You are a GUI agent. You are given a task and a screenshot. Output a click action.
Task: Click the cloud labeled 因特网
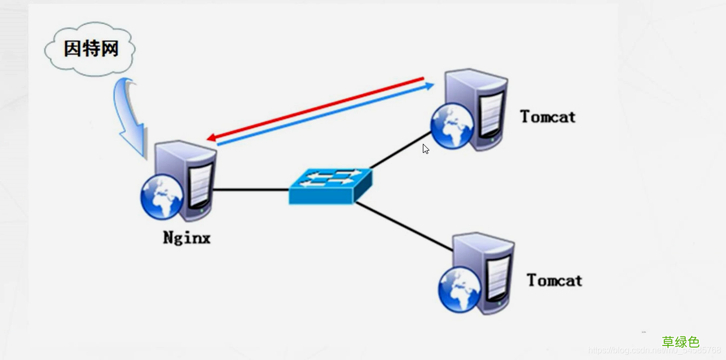click(x=90, y=49)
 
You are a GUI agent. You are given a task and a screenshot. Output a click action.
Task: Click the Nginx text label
click(x=187, y=238)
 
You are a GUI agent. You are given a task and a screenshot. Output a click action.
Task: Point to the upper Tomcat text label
click(x=548, y=116)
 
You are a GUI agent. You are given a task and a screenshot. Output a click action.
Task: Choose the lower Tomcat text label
click(x=554, y=280)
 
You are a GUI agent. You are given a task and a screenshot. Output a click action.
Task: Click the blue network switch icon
click(x=330, y=186)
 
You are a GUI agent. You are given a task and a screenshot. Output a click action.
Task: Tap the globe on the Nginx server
click(x=162, y=196)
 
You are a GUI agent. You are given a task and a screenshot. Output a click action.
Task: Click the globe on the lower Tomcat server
click(x=459, y=290)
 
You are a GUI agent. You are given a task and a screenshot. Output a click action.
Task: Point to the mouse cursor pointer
click(x=425, y=149)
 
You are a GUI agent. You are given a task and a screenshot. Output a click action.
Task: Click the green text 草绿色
click(x=680, y=342)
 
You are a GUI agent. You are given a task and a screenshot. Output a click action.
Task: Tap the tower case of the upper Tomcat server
click(x=483, y=107)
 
